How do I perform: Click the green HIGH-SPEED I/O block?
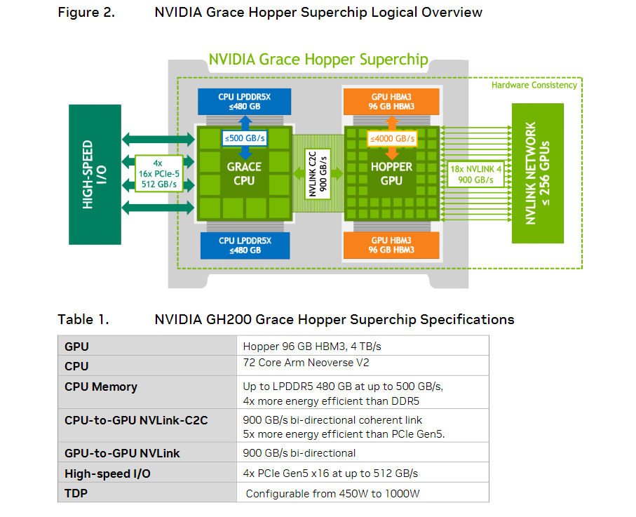[95, 174]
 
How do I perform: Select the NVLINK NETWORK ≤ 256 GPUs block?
[538, 173]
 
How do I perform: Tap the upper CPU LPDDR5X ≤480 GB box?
[244, 101]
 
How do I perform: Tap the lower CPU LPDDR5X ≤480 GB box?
[244, 245]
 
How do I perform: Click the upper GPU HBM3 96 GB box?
[391, 101]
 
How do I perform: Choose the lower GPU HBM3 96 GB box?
[391, 245]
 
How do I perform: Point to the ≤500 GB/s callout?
[244, 138]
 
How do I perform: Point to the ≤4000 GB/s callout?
[391, 138]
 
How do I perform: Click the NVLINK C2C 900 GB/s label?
[317, 173]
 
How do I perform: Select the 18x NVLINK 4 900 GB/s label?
[476, 173]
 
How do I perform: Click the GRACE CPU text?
[244, 173]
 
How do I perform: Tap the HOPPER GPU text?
[391, 173]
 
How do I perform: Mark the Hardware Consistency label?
[534, 85]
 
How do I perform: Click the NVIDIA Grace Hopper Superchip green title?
[318, 59]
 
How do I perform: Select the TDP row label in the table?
[76, 493]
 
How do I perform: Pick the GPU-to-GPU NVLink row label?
[122, 453]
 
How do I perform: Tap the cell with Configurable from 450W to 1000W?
[332, 493]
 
